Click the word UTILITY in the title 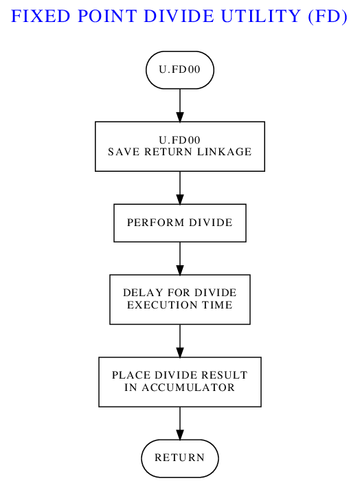260,16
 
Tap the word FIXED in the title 41,16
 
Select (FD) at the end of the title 328,16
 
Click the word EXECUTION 162,305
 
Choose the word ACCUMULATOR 188,388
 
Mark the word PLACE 131,375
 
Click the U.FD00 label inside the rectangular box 180,140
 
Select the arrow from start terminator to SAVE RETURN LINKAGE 180,106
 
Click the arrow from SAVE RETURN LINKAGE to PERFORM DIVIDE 180,188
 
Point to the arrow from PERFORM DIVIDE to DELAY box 180,258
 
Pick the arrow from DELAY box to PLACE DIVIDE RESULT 180,341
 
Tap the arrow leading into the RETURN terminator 180,423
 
